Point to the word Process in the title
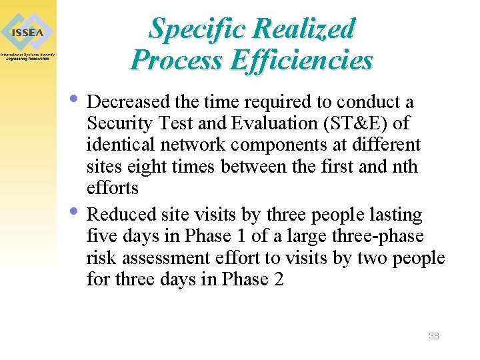[x=177, y=60]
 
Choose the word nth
[x=403, y=166]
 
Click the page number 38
[x=433, y=336]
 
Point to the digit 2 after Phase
[x=278, y=279]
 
